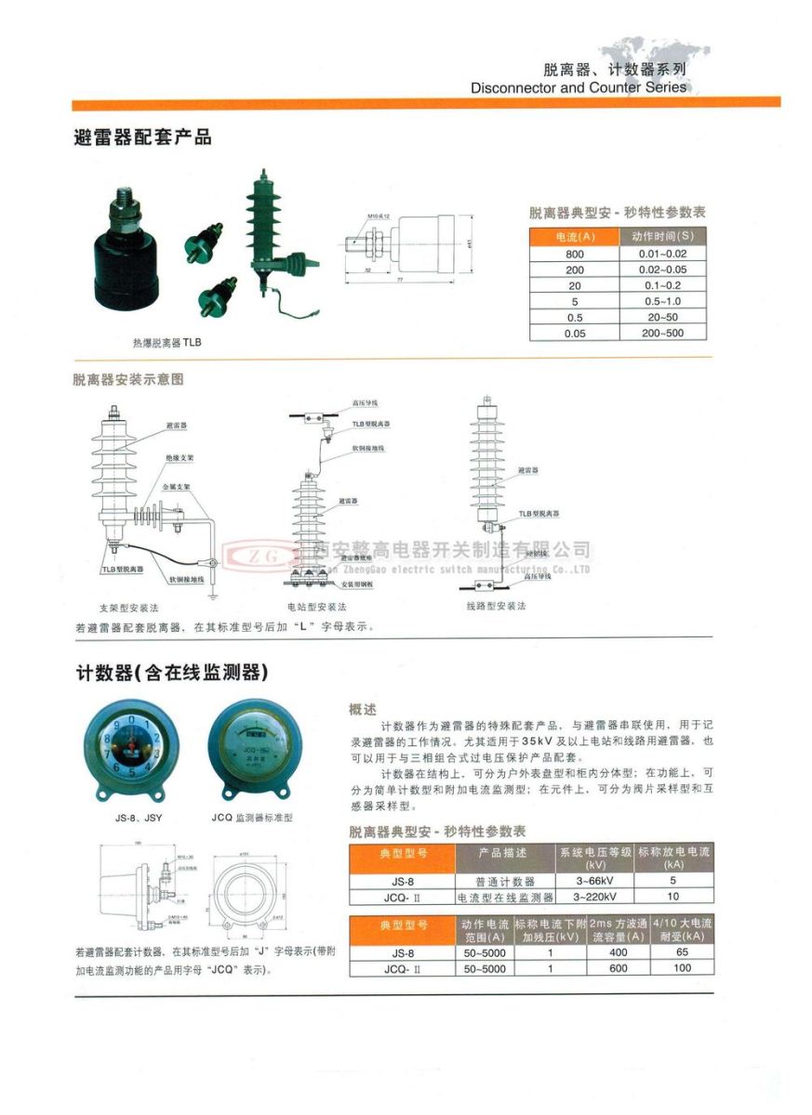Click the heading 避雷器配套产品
pyautogui.click(x=142, y=138)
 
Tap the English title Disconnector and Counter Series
pyautogui.click(x=579, y=87)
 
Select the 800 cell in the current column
pyautogui.click(x=575, y=254)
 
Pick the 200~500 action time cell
pyautogui.click(x=661, y=333)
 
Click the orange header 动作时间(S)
pyautogui.click(x=661, y=237)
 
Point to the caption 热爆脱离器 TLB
pyautogui.click(x=166, y=343)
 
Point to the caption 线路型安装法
pyautogui.click(x=496, y=606)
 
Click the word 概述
pyautogui.click(x=363, y=709)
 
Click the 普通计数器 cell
pyautogui.click(x=505, y=881)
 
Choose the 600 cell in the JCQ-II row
pyautogui.click(x=618, y=968)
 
